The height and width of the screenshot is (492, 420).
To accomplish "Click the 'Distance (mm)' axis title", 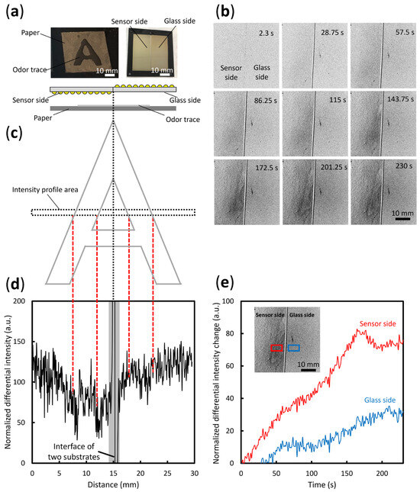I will pos(112,484).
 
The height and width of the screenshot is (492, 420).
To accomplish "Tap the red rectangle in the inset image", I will pos(276,348).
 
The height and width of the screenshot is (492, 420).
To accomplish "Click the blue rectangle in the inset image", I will pos(294,348).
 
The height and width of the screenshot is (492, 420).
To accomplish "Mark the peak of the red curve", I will pos(359,329).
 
